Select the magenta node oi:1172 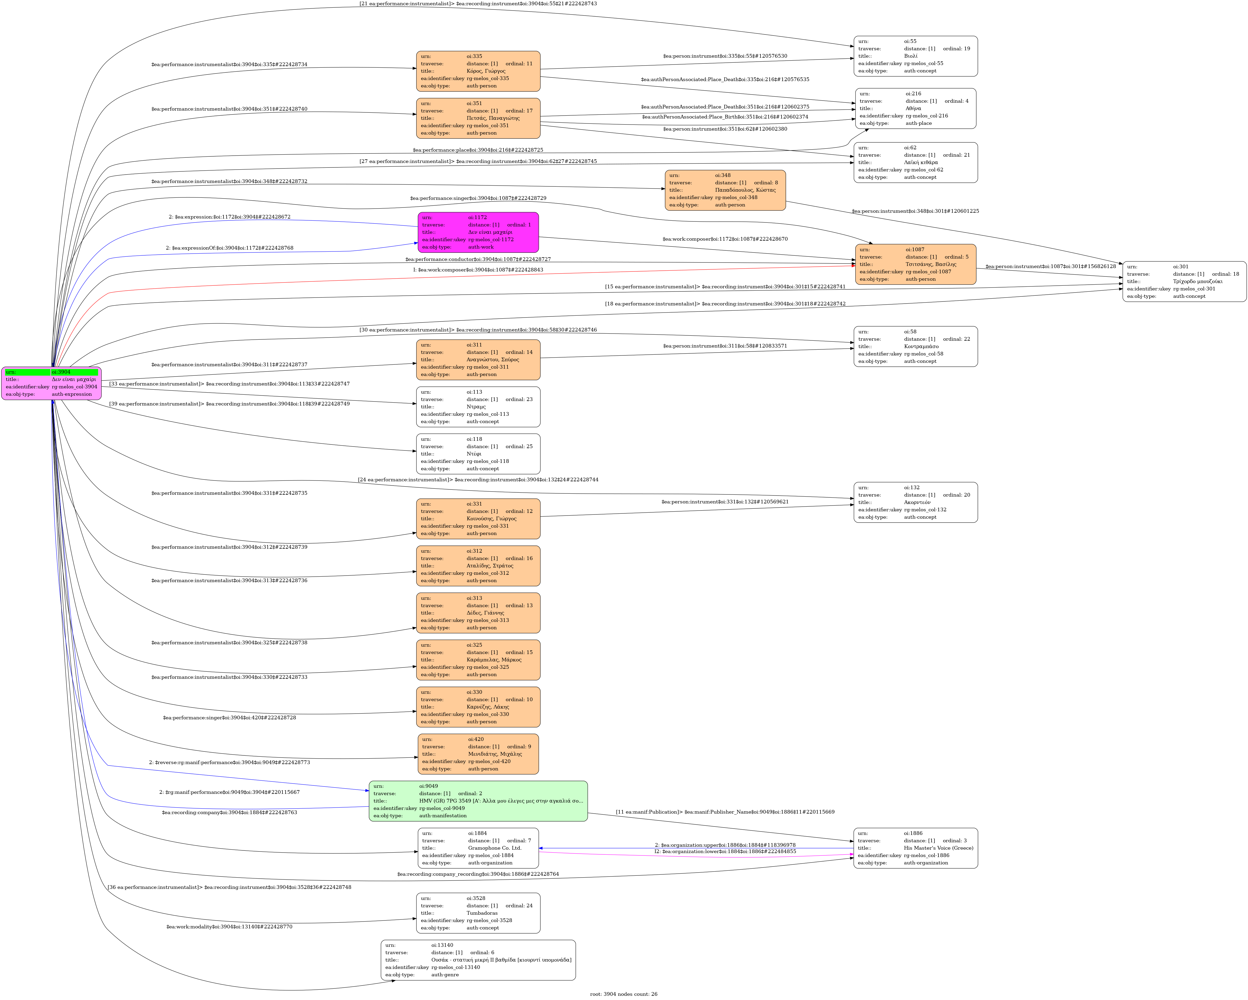point(478,232)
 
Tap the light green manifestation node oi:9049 point(478,801)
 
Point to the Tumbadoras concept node point(478,913)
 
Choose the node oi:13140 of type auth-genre point(478,960)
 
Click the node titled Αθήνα point(916,108)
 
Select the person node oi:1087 point(916,264)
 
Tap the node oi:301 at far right point(1184,281)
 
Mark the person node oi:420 point(478,754)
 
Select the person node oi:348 point(725,190)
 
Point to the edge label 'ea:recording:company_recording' point(478,874)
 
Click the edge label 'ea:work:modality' point(229,927)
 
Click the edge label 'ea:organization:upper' point(725,845)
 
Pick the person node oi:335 point(478,71)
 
